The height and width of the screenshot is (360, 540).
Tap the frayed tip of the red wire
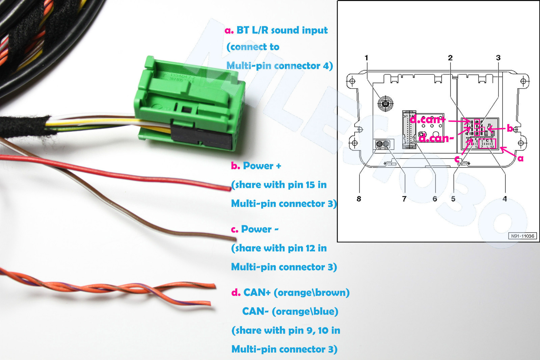click(x=228, y=187)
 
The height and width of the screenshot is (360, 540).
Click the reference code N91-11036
click(x=522, y=236)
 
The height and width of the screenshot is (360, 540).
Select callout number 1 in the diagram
click(x=367, y=58)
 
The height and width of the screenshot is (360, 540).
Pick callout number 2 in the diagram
click(x=450, y=58)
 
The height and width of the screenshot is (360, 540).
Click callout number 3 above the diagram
click(x=498, y=58)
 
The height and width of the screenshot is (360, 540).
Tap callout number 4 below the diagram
click(x=505, y=199)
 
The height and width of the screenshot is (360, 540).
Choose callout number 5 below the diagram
click(x=453, y=199)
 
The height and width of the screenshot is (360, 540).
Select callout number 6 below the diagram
click(x=435, y=199)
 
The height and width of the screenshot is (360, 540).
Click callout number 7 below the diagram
click(x=404, y=199)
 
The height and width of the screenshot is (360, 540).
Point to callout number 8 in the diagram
click(x=359, y=199)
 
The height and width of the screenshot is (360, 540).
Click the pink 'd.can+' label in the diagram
click(x=428, y=119)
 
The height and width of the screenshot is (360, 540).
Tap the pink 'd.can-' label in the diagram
click(x=436, y=138)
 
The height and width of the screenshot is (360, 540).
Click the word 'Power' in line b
click(x=258, y=166)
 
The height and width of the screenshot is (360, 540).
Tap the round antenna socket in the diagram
click(x=385, y=104)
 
